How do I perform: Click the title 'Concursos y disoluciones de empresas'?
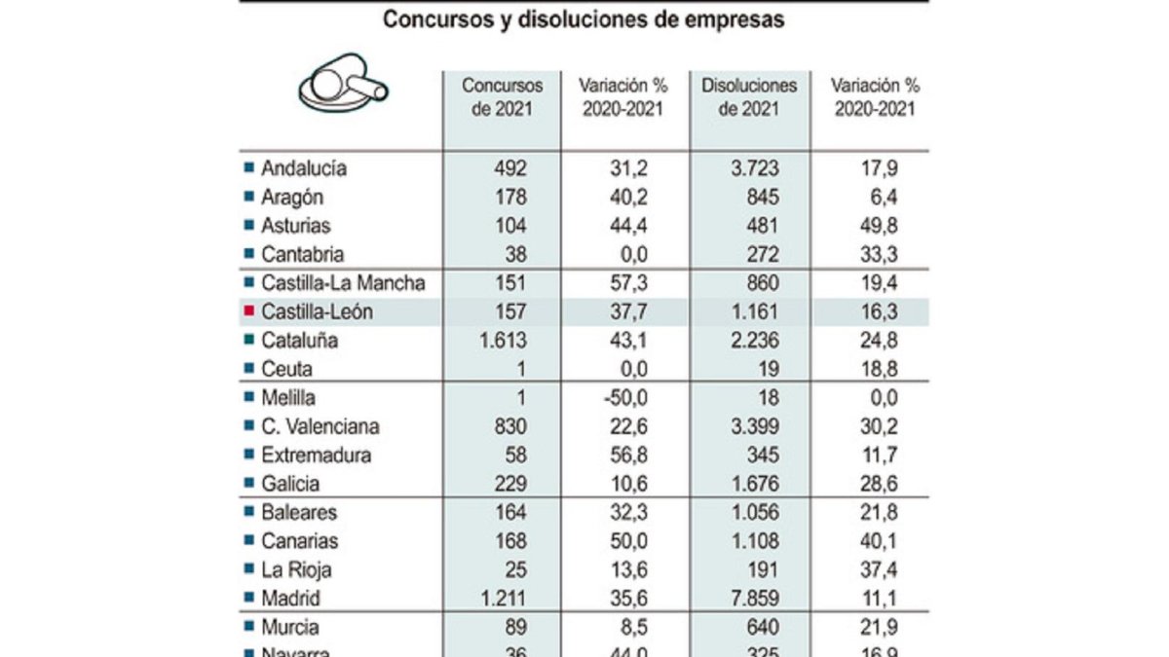click(583, 20)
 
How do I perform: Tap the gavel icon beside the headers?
click(343, 85)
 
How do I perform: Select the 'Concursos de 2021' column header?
click(502, 97)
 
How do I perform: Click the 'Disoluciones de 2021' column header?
click(748, 97)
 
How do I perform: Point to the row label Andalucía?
click(303, 168)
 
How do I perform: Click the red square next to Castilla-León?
click(248, 311)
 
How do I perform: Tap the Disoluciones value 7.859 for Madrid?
click(755, 599)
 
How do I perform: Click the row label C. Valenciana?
click(320, 426)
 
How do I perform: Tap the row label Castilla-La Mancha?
click(343, 283)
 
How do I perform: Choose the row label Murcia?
click(289, 627)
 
